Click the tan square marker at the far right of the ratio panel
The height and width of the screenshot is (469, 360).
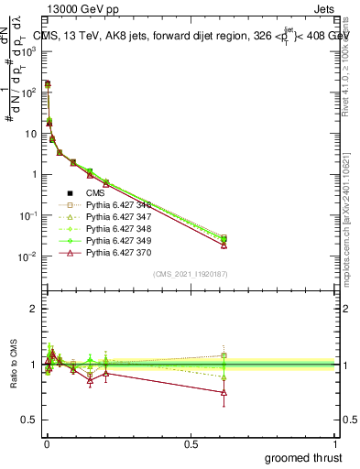coord(224,355)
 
